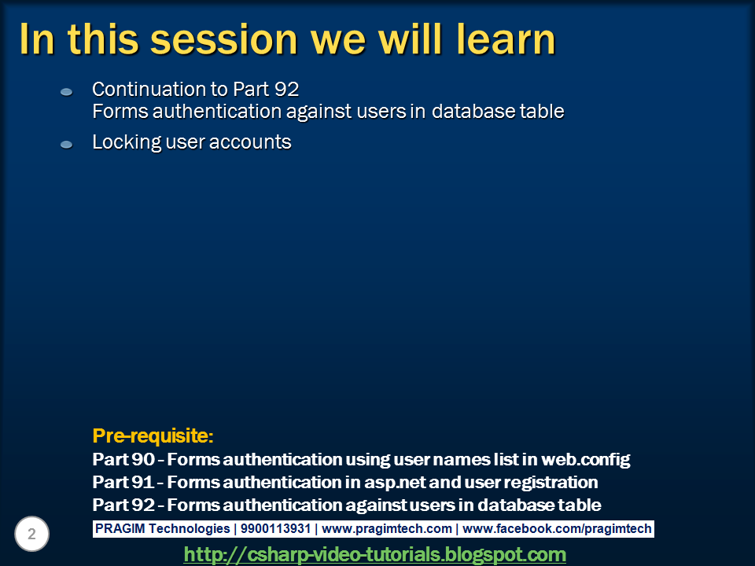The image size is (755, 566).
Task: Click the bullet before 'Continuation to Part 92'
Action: pos(67,93)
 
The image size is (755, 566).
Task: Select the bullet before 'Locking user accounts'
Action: pos(67,145)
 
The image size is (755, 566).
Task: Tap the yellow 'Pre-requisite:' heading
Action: pos(153,436)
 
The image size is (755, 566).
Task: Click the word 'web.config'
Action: pos(585,459)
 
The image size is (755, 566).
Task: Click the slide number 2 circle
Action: pos(32,535)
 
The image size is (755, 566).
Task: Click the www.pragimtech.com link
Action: pos(387,529)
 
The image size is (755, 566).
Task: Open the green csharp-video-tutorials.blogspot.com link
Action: pos(374,554)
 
